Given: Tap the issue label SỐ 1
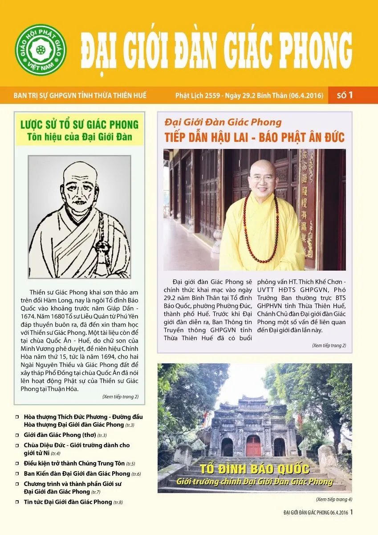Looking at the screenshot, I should pos(345,95).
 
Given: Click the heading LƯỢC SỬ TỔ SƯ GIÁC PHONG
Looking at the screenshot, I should pos(80,124).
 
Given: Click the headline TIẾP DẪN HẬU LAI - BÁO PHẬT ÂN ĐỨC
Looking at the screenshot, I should pos(254,136).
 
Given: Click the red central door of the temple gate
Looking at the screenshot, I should pos(254,446).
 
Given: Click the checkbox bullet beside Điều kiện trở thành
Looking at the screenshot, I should pos(17,463).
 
